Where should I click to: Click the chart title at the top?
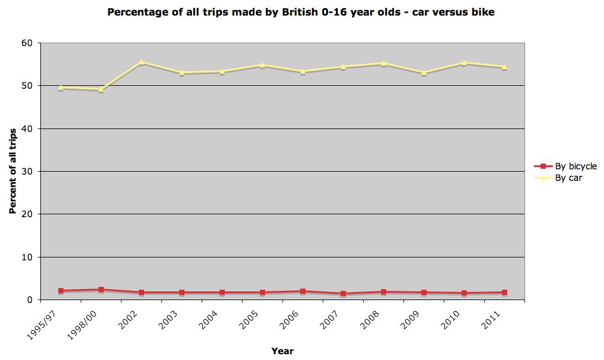(x=301, y=12)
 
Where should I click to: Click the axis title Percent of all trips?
(x=12, y=171)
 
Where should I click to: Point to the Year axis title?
(x=282, y=351)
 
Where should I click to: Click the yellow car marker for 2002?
(x=141, y=62)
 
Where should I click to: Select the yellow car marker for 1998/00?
(x=101, y=89)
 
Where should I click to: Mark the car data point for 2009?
(x=424, y=73)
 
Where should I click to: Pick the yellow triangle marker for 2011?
(x=504, y=66)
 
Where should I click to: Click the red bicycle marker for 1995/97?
(x=61, y=291)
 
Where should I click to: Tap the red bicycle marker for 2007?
(x=343, y=294)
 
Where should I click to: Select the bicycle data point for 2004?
(x=222, y=293)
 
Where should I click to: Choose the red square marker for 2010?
(x=464, y=293)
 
